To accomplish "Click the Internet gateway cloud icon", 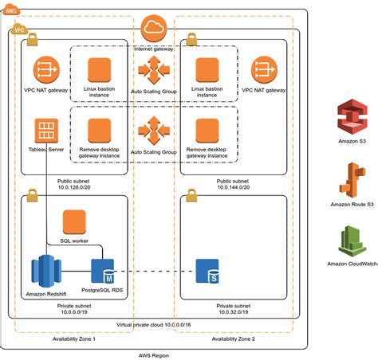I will coord(154,31).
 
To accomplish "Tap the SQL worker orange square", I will coord(74,222).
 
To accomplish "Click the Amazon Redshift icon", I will coord(44,269).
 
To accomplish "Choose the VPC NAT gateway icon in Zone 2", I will coord(264,69).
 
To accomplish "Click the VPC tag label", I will coord(19,29).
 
